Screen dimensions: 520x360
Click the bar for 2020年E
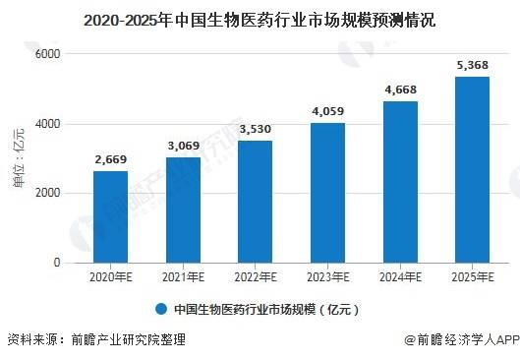point(110,217)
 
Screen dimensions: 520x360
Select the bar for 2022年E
point(255,202)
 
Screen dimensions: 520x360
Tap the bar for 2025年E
point(472,170)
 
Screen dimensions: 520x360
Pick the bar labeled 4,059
point(327,193)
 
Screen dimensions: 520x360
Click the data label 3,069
point(184,146)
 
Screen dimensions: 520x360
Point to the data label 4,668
point(401,90)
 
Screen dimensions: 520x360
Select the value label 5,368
point(473,65)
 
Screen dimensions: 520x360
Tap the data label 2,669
point(111,159)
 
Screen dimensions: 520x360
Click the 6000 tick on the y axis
point(48,54)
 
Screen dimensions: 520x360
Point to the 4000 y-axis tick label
point(48,124)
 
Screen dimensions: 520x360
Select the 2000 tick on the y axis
point(48,193)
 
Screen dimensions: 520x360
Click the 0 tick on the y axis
point(57,263)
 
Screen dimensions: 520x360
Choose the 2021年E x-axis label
point(184,277)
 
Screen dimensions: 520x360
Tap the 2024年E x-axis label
point(401,277)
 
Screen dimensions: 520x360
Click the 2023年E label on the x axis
point(328,277)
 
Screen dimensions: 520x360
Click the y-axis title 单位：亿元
point(19,157)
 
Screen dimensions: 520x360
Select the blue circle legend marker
point(161,309)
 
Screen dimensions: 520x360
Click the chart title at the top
point(259,21)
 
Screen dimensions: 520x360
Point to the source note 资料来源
point(96,339)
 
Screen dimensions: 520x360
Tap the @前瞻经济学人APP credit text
point(462,339)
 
